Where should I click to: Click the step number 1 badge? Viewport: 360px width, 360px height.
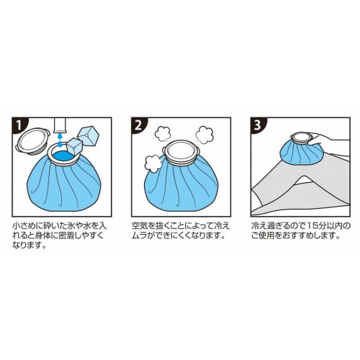coord(19,125)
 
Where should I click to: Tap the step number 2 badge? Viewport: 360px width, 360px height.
coord(139,125)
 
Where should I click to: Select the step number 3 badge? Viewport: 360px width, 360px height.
coord(258,125)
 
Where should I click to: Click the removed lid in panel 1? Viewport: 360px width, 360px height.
coord(32,140)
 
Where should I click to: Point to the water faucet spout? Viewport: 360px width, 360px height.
coord(60,125)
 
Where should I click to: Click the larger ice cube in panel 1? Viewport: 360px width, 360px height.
coord(89,136)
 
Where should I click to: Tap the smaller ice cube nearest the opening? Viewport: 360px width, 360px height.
coord(75,146)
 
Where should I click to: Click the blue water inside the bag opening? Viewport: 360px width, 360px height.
coord(63,156)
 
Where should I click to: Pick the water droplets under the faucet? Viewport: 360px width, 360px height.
coord(60,140)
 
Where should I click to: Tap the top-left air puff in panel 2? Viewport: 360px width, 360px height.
coord(163,134)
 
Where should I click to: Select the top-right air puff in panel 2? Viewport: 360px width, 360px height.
coord(204,135)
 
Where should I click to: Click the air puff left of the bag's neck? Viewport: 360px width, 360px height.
coord(153,163)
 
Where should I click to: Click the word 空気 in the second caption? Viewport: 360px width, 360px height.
coord(140,226)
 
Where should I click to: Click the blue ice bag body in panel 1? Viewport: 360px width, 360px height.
coord(63,186)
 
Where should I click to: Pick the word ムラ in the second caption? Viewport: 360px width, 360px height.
coord(140,235)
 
